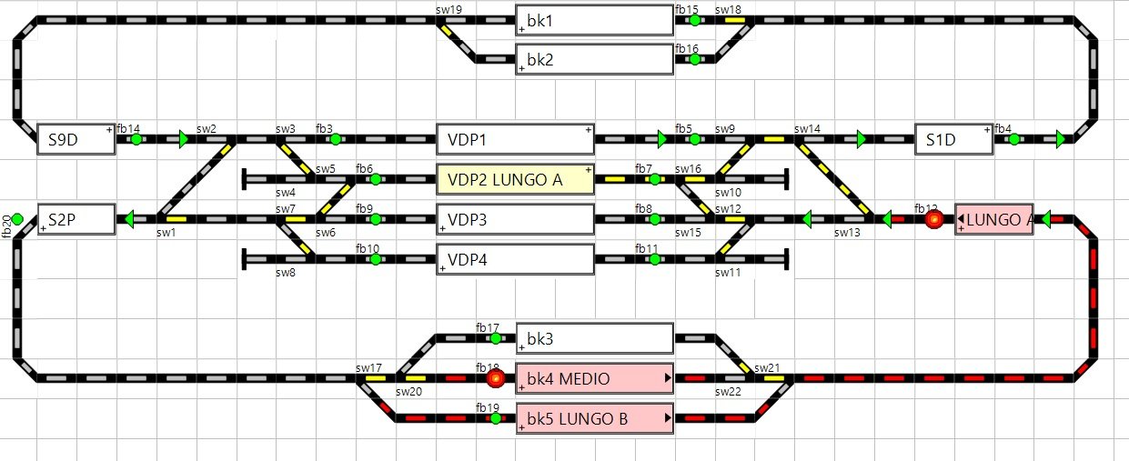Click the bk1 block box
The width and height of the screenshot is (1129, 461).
[594, 20]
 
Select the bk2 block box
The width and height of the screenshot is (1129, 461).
[594, 60]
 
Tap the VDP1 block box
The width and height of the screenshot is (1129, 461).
[515, 140]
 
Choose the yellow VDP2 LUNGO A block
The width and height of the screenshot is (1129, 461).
[515, 179]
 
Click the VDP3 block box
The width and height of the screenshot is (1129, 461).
[515, 219]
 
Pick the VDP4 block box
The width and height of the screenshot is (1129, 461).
[515, 259]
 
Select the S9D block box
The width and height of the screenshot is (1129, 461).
[76, 140]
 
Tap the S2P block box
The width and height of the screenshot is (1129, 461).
[76, 219]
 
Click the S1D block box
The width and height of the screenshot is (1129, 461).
[953, 140]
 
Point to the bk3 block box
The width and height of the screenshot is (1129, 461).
[594, 339]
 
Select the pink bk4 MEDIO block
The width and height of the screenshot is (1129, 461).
[594, 378]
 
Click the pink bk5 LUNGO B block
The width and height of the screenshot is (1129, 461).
[594, 418]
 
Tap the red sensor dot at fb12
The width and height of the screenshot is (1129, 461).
[933, 219]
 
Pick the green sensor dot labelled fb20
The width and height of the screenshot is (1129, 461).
[16, 218]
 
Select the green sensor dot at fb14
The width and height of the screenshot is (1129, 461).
[136, 140]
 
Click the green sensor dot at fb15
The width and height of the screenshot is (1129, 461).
[694, 20]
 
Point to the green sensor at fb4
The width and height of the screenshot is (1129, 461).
[1013, 140]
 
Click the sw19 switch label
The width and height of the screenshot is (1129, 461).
[449, 9]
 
